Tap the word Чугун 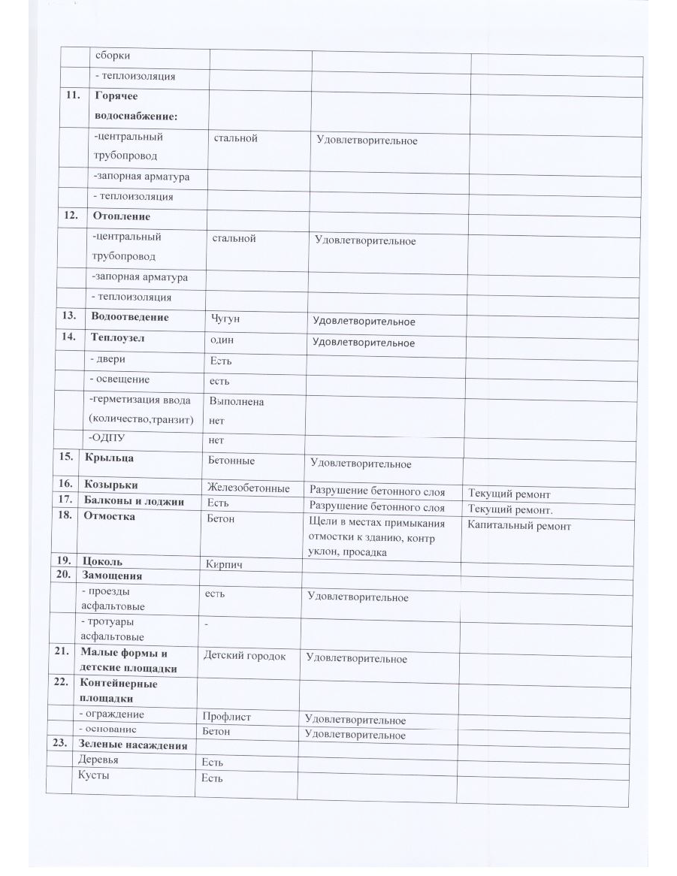(227, 318)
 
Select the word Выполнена (237, 402)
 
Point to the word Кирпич (223, 563)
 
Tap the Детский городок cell (244, 656)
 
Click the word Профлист (226, 717)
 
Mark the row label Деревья (98, 760)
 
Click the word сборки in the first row (112, 54)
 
